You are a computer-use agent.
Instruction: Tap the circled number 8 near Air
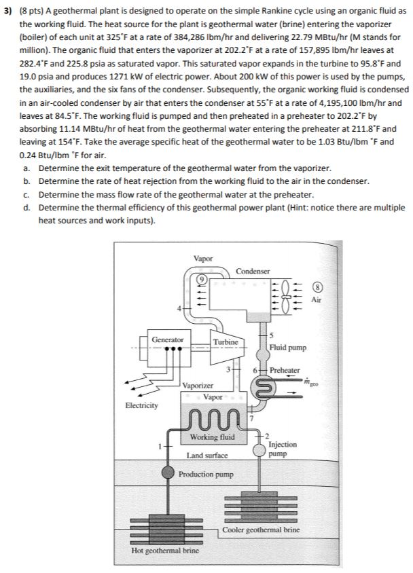[317, 286]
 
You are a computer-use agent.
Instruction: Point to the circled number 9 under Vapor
[202, 278]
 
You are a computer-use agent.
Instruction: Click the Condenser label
[252, 271]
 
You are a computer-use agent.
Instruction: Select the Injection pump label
[282, 448]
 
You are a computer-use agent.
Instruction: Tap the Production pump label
[206, 473]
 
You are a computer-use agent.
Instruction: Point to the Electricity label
[141, 405]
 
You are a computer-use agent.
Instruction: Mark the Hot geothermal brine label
[166, 550]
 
